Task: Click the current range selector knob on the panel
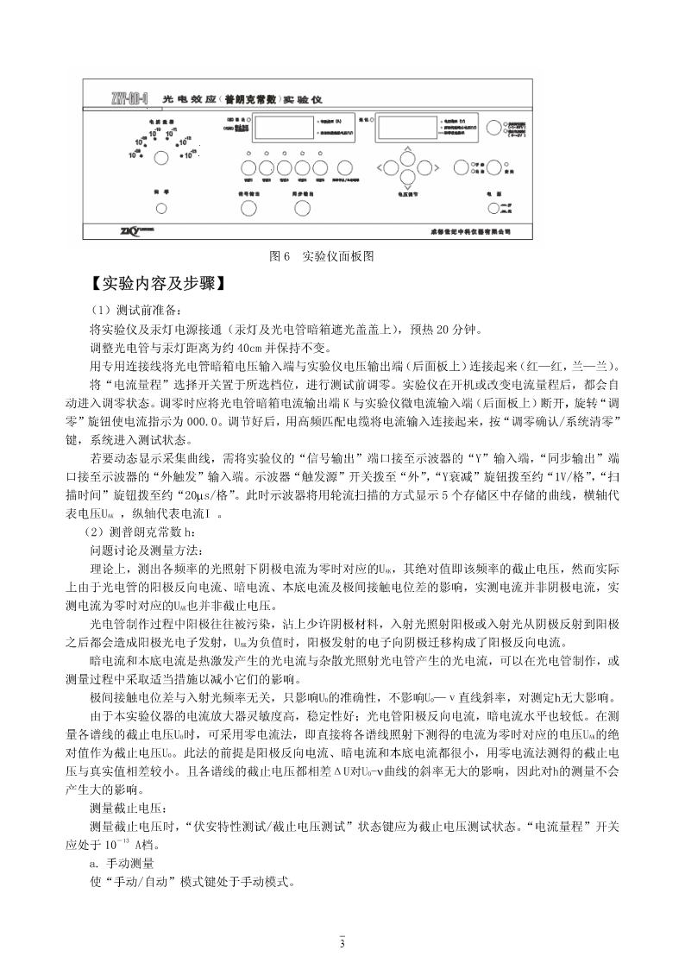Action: click(x=160, y=158)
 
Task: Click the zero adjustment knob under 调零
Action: click(x=161, y=208)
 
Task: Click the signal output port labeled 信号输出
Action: click(x=248, y=208)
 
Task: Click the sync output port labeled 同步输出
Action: click(x=300, y=208)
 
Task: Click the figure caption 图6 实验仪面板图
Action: click(x=321, y=256)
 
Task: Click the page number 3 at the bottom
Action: click(x=342, y=943)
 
